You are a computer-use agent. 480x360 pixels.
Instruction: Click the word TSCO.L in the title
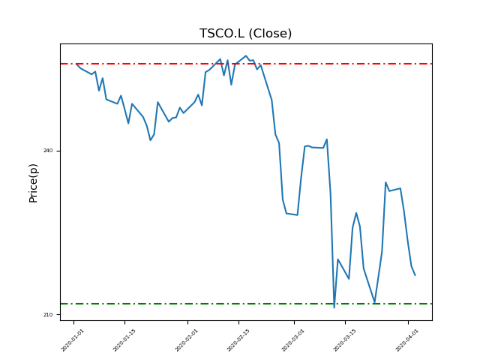point(222,34)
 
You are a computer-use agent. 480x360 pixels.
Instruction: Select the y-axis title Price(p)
point(33,182)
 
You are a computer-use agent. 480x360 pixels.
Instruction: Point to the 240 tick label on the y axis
point(48,151)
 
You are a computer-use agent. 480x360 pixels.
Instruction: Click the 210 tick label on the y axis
point(48,314)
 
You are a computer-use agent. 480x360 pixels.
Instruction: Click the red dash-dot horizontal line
point(150,64)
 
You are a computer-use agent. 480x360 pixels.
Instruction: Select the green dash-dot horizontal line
point(150,304)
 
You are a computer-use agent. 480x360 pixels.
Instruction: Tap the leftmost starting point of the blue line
point(76,64)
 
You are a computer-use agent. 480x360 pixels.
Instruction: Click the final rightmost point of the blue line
point(415,275)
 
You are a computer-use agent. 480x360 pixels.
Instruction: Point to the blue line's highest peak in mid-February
point(246,55)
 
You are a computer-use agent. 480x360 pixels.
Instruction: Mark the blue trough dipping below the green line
point(334,307)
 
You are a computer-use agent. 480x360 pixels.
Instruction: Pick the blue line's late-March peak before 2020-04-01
point(385,182)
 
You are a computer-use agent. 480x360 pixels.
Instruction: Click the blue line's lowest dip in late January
point(150,140)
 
